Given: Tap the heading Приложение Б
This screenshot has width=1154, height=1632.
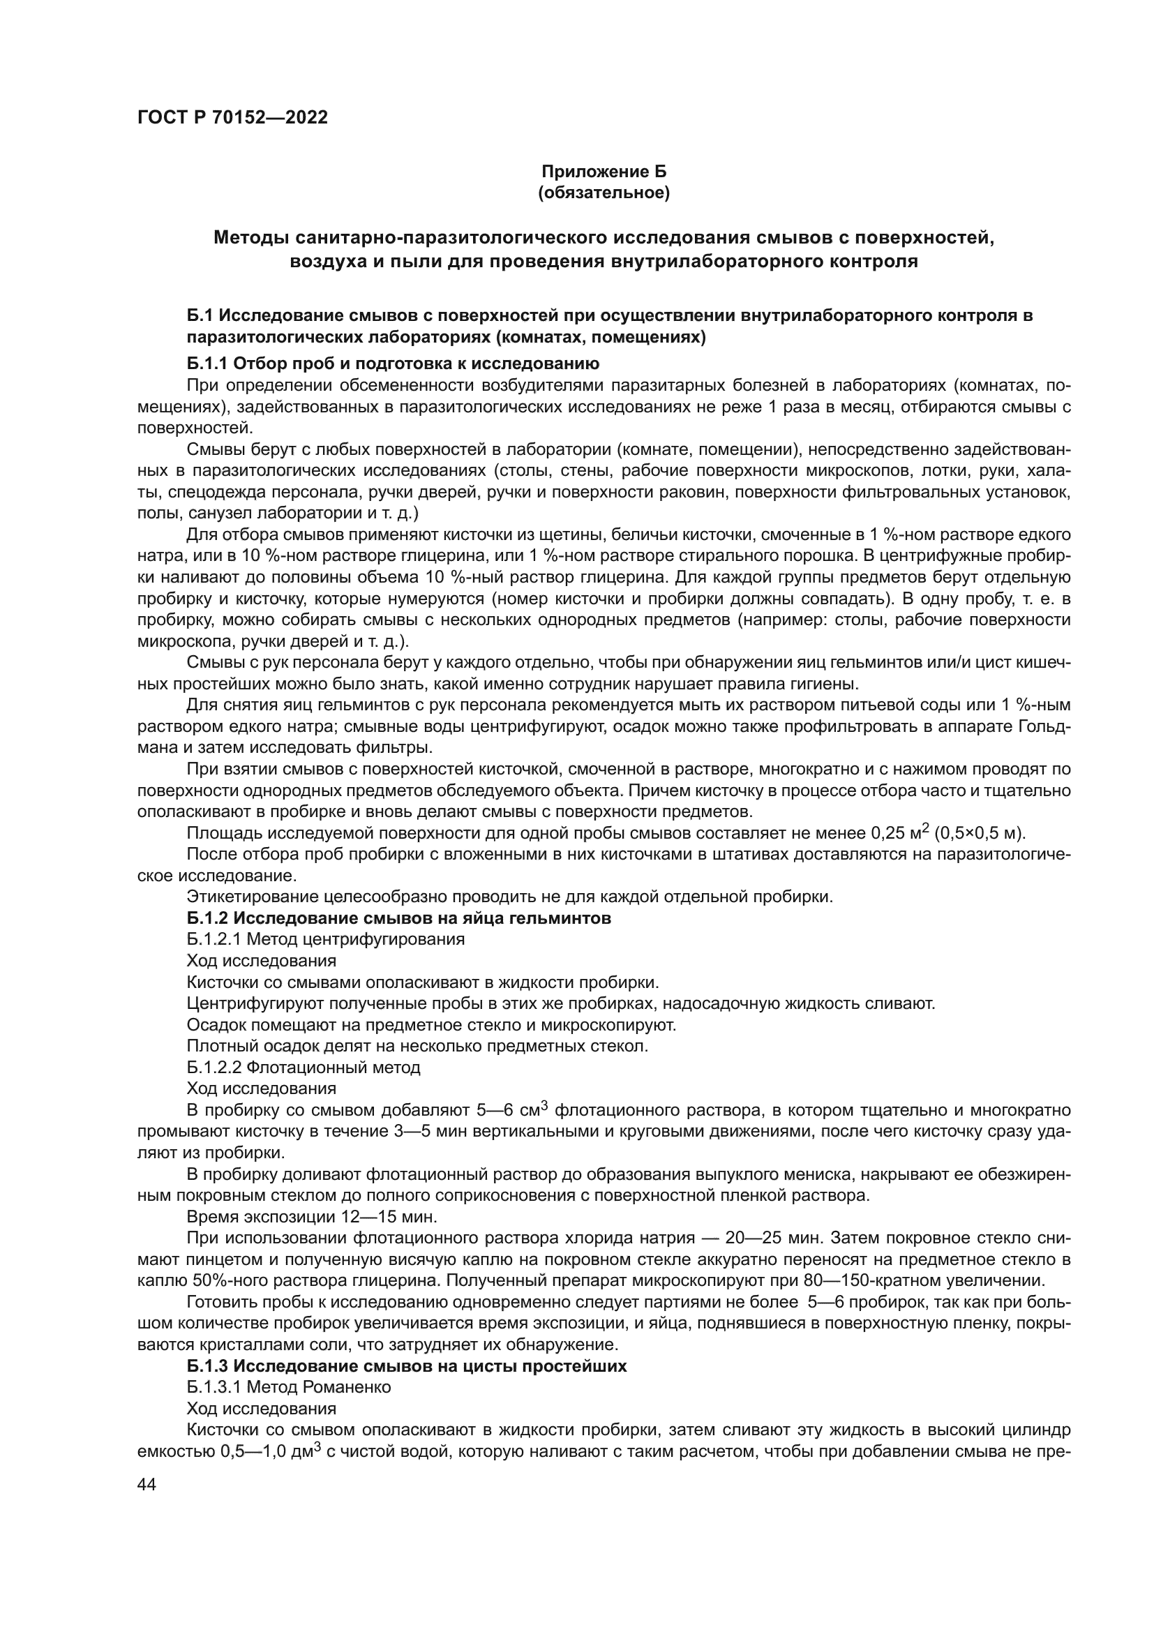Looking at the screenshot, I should (x=604, y=172).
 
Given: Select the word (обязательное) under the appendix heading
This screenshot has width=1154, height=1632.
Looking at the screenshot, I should (x=604, y=193).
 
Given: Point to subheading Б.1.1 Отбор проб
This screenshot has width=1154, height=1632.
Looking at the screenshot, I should (x=393, y=364).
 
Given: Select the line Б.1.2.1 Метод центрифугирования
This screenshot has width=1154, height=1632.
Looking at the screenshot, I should (x=324, y=939).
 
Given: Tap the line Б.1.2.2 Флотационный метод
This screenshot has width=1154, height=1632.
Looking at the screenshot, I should (x=303, y=1067).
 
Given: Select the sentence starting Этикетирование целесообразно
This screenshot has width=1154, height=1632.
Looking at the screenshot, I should (x=509, y=897).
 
